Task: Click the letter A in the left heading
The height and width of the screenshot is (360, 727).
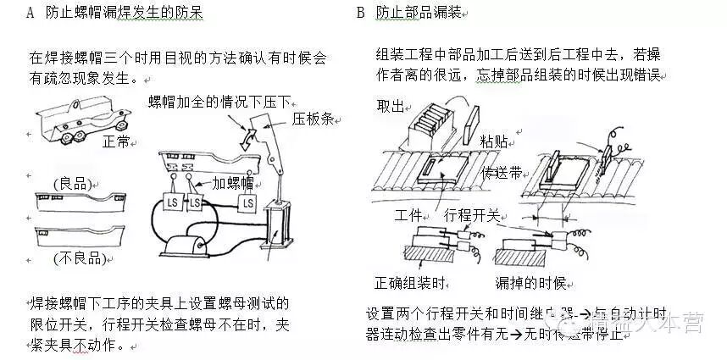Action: pyautogui.click(x=31, y=14)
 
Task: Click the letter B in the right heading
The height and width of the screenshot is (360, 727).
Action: pyautogui.click(x=360, y=14)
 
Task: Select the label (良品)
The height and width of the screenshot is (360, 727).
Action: pyautogui.click(x=72, y=183)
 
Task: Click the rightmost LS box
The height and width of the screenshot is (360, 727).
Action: pyautogui.click(x=247, y=203)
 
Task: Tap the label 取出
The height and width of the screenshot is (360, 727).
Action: pyautogui.click(x=391, y=105)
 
